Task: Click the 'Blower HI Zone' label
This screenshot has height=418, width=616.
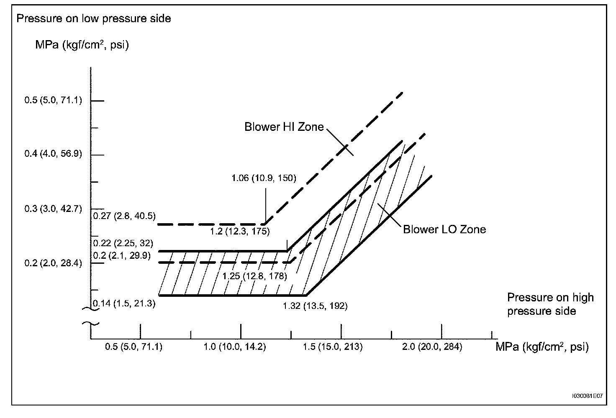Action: (284, 127)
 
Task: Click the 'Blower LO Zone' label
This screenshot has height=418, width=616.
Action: (444, 229)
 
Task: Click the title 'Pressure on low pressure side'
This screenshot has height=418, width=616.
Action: (93, 18)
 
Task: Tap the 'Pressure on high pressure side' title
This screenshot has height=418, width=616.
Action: (550, 304)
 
